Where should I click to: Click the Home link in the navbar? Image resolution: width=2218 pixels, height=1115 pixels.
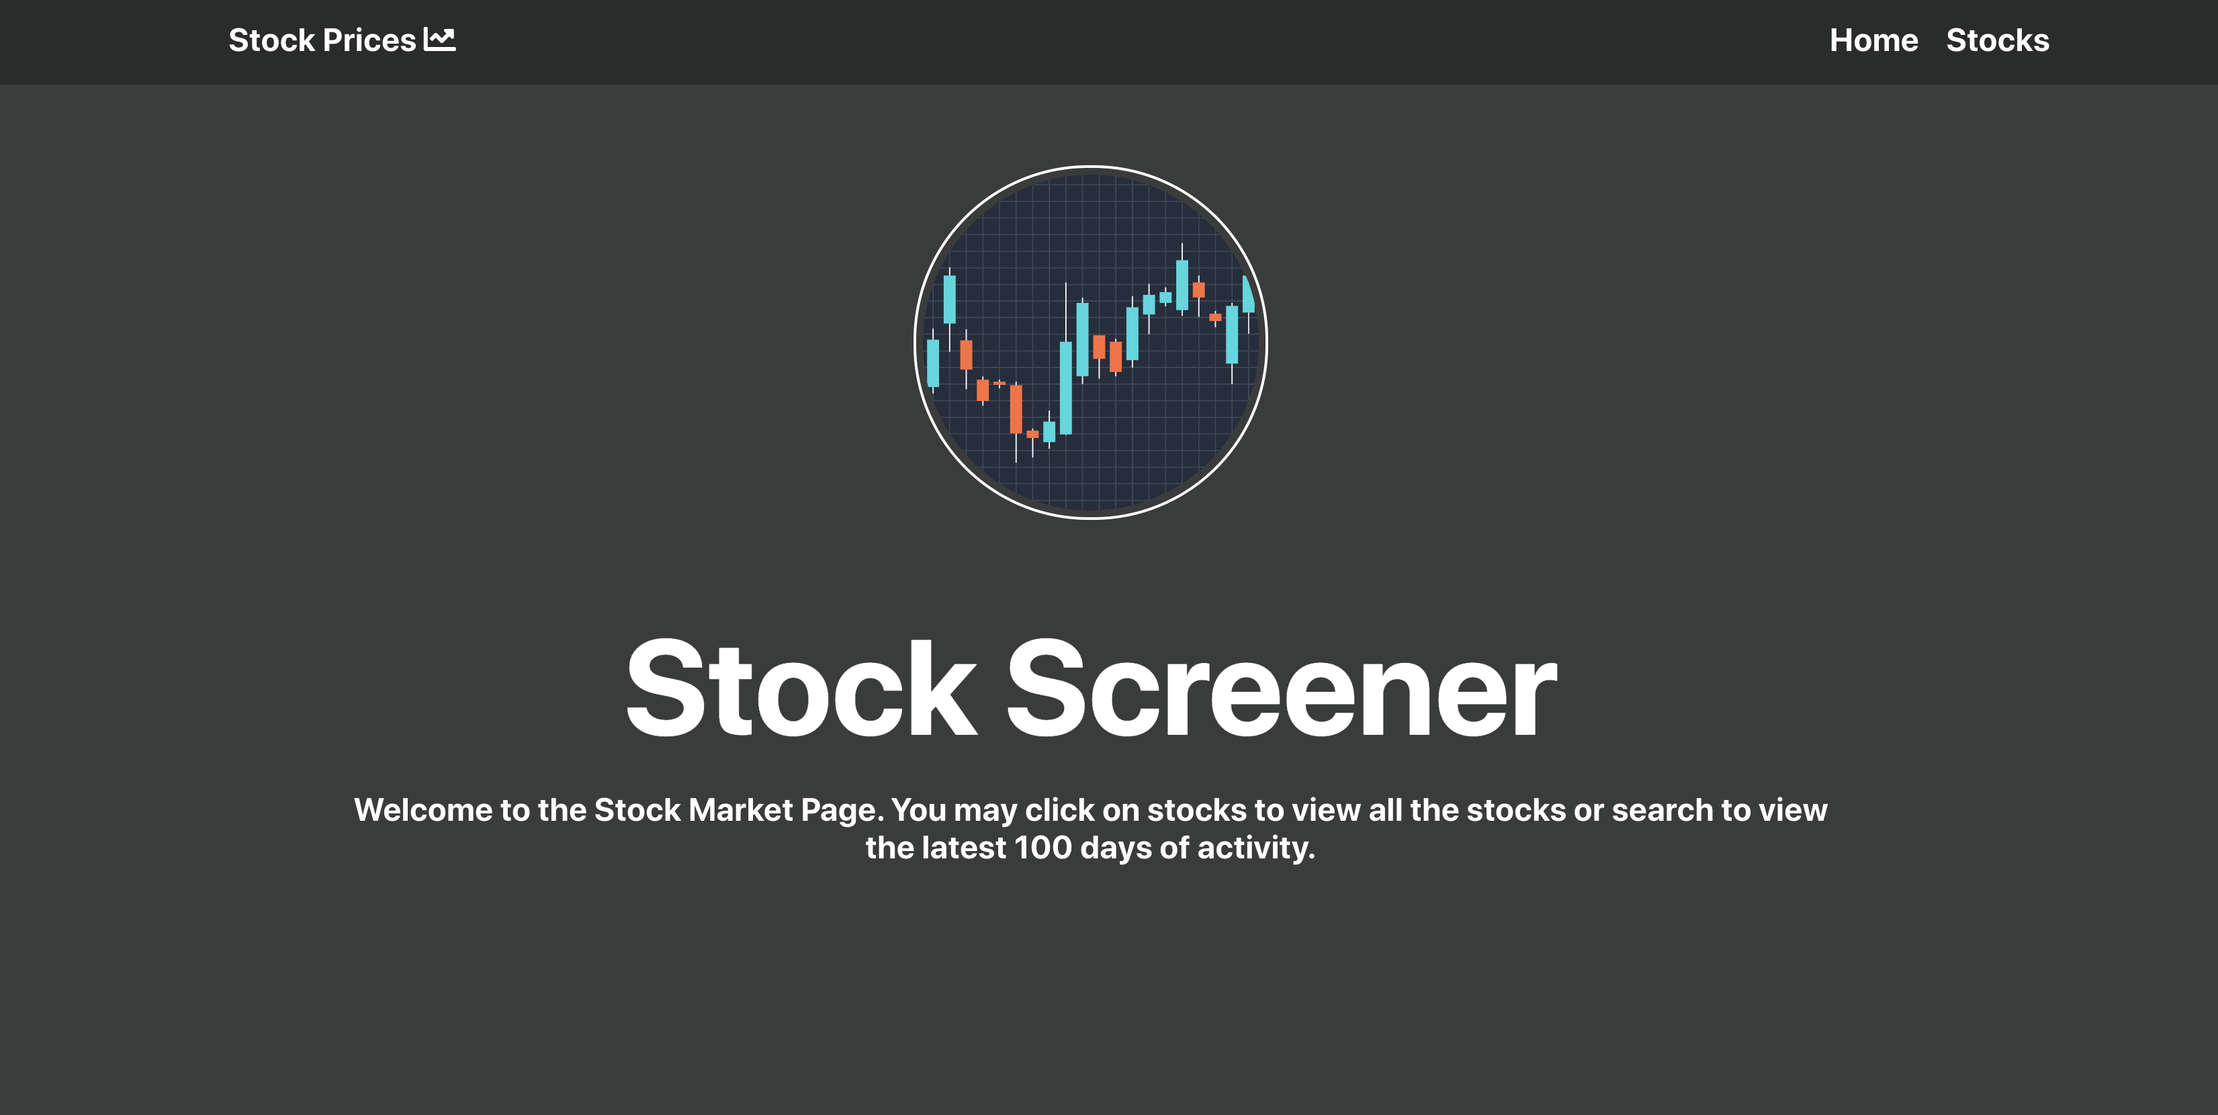[x=1873, y=40]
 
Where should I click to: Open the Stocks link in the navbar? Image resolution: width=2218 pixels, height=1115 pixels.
[x=1997, y=40]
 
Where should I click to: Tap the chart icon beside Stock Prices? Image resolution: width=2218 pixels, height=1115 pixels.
[x=440, y=40]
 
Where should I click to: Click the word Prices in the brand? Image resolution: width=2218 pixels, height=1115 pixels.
[x=369, y=40]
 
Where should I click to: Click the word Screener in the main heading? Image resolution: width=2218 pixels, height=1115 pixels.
[x=1281, y=688]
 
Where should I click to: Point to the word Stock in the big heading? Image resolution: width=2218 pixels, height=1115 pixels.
[x=801, y=688]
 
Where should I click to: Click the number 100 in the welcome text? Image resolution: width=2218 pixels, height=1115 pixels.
[x=1043, y=848]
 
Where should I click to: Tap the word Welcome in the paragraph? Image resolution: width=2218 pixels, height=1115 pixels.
[x=423, y=810]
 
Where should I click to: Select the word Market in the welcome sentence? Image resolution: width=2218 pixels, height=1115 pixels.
[x=740, y=810]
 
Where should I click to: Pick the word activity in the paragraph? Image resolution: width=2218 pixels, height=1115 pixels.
[x=1255, y=848]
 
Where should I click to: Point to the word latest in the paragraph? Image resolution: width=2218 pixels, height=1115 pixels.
[x=963, y=848]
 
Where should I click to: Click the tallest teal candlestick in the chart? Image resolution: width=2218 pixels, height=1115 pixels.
[x=1066, y=388]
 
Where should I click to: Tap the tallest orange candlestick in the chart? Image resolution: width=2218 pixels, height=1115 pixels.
[x=1016, y=409]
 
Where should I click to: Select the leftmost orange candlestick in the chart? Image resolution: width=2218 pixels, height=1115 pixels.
[x=966, y=355]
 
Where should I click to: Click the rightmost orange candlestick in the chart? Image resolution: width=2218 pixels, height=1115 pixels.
[x=1215, y=318]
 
